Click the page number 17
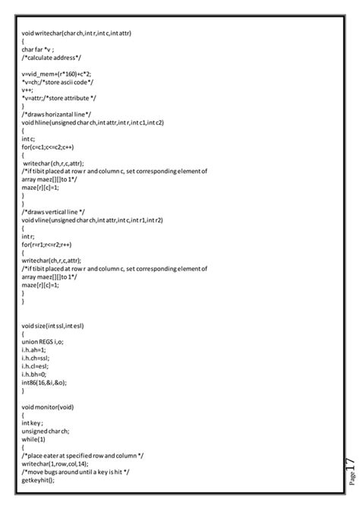pos(349,465)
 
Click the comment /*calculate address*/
pos(52,58)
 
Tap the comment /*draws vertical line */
pos(53,210)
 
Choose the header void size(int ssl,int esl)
pos(53,325)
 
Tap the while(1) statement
pos(33,439)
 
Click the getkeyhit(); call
pos(38,479)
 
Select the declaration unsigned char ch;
pos(46,431)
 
